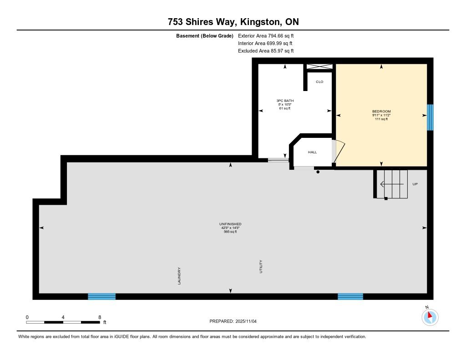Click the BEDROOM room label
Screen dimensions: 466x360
(x=381, y=112)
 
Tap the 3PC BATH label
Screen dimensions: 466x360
(x=285, y=101)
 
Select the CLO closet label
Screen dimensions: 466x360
(x=319, y=82)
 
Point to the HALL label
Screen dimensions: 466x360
(x=312, y=152)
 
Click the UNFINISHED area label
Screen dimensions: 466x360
(x=230, y=224)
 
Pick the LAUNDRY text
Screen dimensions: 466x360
(x=179, y=276)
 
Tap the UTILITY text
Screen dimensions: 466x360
(x=261, y=267)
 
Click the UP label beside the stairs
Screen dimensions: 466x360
(x=415, y=184)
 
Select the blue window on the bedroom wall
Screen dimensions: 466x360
(x=430, y=117)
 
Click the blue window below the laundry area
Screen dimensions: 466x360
(x=101, y=296)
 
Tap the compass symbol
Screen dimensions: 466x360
(x=430, y=317)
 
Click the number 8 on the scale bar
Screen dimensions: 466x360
(x=100, y=317)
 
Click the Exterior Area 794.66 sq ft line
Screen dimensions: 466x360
(x=266, y=35)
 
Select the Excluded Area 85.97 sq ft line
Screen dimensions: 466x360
(x=266, y=51)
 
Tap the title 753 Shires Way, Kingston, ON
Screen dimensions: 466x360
(x=233, y=22)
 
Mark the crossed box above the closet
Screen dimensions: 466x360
(x=319, y=66)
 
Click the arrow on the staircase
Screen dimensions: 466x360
(x=392, y=184)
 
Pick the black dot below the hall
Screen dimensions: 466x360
(x=318, y=172)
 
